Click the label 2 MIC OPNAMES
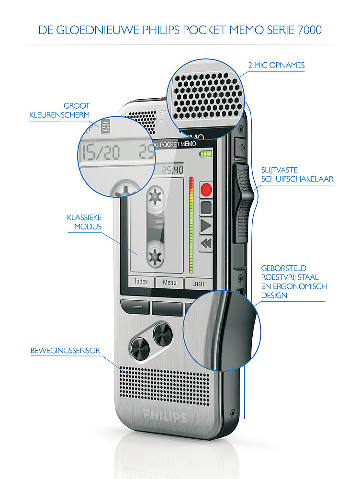click(x=276, y=65)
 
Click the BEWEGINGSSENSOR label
click(x=65, y=351)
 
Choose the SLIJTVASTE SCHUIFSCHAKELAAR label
click(x=297, y=174)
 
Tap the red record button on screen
click(x=206, y=189)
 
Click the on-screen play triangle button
click(x=206, y=225)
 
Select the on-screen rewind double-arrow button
click(x=206, y=243)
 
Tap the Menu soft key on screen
click(x=169, y=283)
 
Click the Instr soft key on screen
click(x=199, y=284)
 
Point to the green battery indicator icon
click(x=206, y=154)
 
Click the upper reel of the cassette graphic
click(x=155, y=196)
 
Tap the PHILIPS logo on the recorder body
click(x=165, y=415)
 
